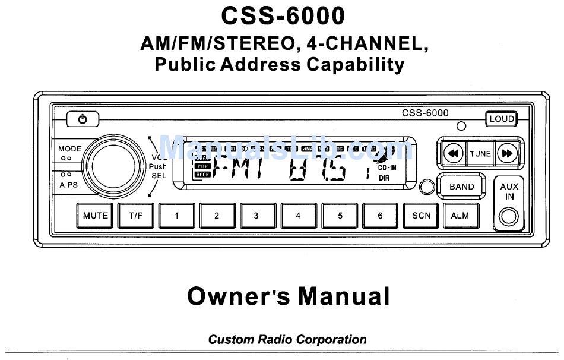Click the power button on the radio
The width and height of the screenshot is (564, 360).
click(x=83, y=119)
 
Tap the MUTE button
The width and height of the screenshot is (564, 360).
click(x=95, y=216)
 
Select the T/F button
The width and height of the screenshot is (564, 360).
click(x=136, y=216)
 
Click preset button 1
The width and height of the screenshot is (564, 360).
click(x=176, y=216)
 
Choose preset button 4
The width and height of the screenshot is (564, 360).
click(x=298, y=216)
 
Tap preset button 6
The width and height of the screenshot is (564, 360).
click(x=380, y=216)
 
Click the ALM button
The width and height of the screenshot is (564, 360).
click(x=460, y=216)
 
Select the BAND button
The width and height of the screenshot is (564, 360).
click(x=461, y=187)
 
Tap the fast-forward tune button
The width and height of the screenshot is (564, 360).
click(x=508, y=153)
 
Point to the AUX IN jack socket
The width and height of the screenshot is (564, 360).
click(x=509, y=216)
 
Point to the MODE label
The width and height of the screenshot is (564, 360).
click(x=70, y=149)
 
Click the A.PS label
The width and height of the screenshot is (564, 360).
click(x=68, y=185)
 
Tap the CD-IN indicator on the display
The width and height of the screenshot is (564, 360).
click(x=387, y=168)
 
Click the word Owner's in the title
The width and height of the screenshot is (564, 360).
click(x=238, y=295)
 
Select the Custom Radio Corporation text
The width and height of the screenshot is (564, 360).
click(x=287, y=340)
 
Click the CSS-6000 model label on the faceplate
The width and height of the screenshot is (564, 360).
click(x=425, y=113)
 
